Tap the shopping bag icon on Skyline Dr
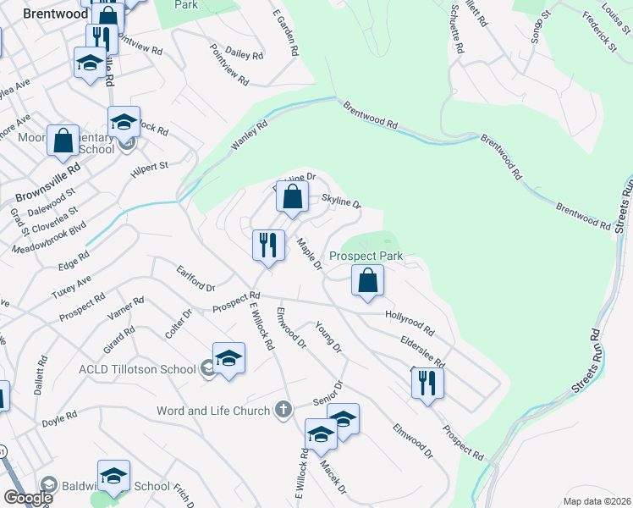(291, 198)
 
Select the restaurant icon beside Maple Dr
(268, 246)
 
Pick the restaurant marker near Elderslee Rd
(427, 383)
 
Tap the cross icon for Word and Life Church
(283, 411)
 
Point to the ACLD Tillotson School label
(136, 368)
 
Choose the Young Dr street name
(328, 337)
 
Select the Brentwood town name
(57, 14)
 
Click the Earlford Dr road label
(195, 279)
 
